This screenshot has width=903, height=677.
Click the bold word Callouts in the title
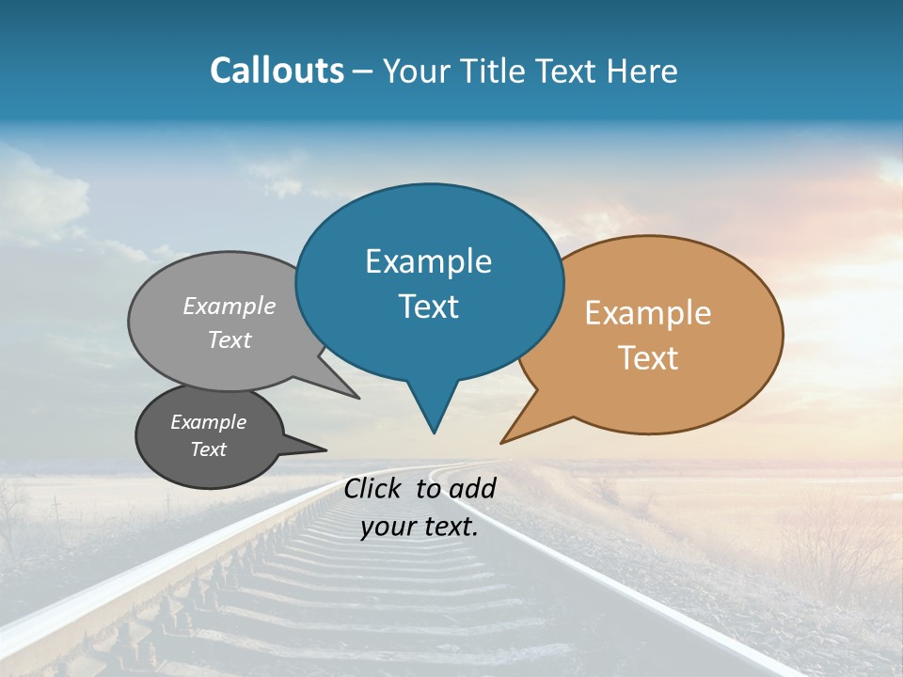tap(277, 71)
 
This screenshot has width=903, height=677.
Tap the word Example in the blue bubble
tap(428, 261)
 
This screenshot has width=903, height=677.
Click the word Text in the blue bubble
tap(428, 307)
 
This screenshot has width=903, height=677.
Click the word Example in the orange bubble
tap(648, 313)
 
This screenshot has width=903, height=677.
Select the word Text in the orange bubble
tap(648, 358)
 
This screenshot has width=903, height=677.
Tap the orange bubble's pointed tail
tap(506, 440)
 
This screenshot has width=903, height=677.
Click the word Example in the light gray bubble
tap(230, 306)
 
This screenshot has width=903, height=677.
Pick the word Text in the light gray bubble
tap(230, 339)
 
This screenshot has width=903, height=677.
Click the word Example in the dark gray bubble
tap(208, 422)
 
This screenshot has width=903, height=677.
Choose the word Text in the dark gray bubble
tap(208, 449)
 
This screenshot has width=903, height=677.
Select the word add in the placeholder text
tap(472, 488)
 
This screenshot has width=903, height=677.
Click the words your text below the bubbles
tap(419, 527)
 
